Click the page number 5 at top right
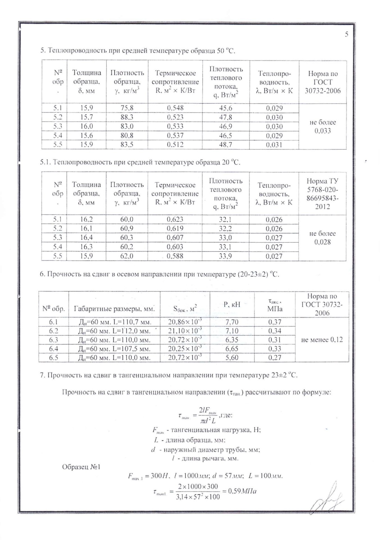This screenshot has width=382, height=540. tap(347, 34)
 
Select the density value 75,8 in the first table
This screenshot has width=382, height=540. tap(127, 108)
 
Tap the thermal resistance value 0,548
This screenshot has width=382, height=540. tap(175, 108)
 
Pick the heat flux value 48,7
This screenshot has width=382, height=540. tap(226, 145)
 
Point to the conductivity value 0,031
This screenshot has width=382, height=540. tap(274, 145)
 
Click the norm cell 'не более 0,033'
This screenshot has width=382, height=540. tap(322, 127)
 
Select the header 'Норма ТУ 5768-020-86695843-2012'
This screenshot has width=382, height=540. tap(322, 194)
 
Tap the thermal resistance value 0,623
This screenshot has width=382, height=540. tap(175, 219)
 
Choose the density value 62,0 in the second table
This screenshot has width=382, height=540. tap(127, 256)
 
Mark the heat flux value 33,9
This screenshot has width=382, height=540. tap(225, 256)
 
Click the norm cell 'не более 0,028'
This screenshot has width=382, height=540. tap(322, 238)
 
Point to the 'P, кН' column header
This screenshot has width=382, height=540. tap(232, 304)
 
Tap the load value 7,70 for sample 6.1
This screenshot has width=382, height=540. tap(232, 322)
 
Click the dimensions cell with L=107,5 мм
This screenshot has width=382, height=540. tap(114, 349)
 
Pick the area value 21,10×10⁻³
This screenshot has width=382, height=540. tap(185, 331)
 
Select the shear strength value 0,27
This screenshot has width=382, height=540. tap(274, 358)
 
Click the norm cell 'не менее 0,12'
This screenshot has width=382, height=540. tap(322, 340)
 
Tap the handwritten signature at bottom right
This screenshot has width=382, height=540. tap(329, 498)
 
